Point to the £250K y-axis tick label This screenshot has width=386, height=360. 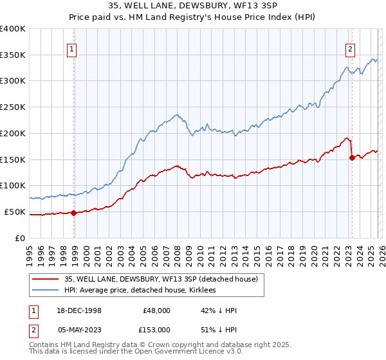[x=13, y=107]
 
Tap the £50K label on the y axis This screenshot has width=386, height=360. [x=15, y=212]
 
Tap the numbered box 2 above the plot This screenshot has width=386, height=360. [x=350, y=48]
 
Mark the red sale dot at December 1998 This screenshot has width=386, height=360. [x=74, y=213]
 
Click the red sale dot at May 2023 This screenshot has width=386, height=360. [x=352, y=157]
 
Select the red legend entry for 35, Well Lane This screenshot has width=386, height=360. [x=152, y=279]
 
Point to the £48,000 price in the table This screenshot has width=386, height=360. [x=156, y=310]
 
